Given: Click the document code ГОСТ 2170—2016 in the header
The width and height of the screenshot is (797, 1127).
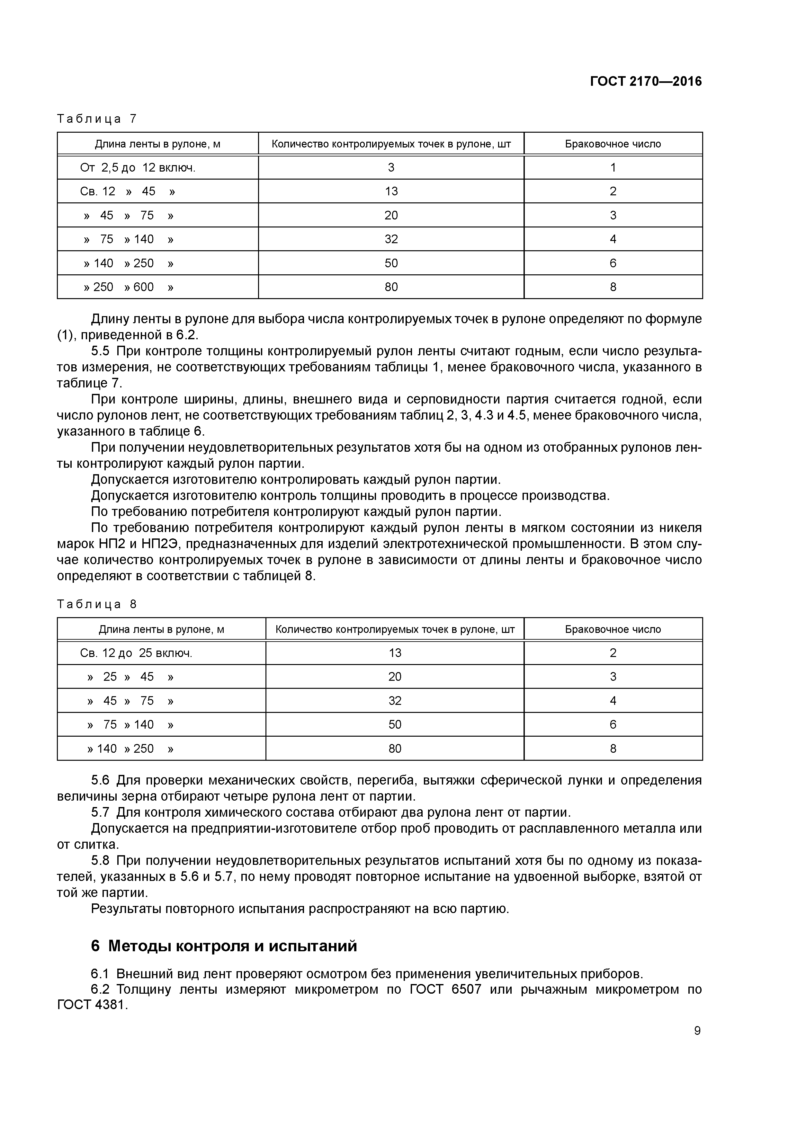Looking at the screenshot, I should coord(645,82).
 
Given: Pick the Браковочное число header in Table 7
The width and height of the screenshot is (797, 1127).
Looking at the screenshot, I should coord(613,144).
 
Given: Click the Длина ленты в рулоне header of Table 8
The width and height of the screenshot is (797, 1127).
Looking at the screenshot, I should coord(162,629).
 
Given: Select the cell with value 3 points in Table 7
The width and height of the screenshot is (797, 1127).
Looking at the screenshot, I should coord(391,168).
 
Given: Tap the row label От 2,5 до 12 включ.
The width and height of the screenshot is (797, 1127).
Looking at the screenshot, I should coord(138,168).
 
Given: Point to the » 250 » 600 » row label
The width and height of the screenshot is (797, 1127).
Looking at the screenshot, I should coord(129,287).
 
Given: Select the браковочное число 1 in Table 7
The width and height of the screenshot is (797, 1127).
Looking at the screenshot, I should coord(613,168).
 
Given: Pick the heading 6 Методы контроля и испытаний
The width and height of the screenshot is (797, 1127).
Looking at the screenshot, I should coord(224,945).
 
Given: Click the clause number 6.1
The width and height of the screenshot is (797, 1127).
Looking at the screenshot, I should coord(102,973).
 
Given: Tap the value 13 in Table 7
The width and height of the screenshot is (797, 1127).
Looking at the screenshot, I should coord(391,191).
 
